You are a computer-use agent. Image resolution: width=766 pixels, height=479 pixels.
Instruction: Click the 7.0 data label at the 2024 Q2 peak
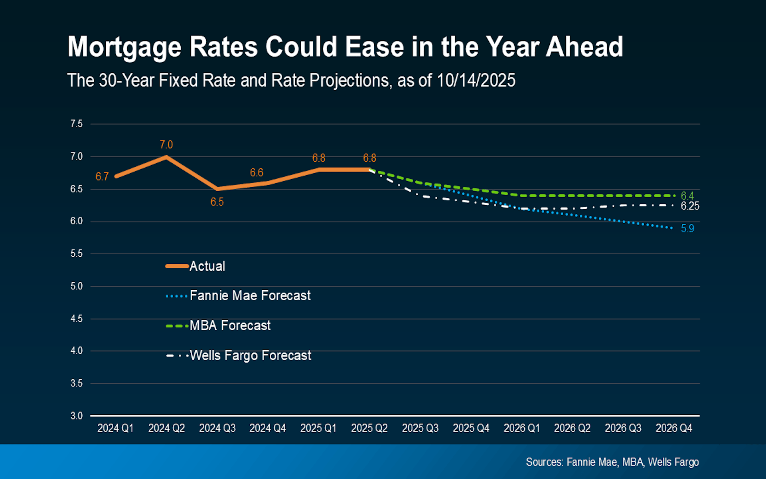pyautogui.click(x=166, y=144)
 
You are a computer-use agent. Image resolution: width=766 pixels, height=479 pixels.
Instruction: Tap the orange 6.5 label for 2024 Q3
pyautogui.click(x=217, y=202)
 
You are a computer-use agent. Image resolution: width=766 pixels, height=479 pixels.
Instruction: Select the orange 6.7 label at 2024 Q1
pyautogui.click(x=102, y=176)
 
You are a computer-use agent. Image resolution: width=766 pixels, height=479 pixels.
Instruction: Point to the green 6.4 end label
pyautogui.click(x=687, y=196)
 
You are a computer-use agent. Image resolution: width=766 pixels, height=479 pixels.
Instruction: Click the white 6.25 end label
pyautogui.click(x=690, y=206)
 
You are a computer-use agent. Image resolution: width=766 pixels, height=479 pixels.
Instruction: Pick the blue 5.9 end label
pyautogui.click(x=687, y=228)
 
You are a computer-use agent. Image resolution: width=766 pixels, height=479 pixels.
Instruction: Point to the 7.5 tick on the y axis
pyautogui.click(x=77, y=124)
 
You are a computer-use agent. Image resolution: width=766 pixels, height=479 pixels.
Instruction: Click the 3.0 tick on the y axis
pyautogui.click(x=77, y=416)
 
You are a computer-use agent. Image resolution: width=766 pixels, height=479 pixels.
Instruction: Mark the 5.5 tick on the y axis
pyautogui.click(x=77, y=253)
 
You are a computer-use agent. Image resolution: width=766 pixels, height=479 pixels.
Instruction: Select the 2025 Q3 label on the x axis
pyautogui.click(x=420, y=428)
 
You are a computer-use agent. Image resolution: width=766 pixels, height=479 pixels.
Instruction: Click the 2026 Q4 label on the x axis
pyautogui.click(x=674, y=428)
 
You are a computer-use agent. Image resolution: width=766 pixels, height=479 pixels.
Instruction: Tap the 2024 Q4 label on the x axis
pyautogui.click(x=268, y=428)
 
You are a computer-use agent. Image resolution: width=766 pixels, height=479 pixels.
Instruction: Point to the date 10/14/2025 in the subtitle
pyautogui.click(x=476, y=80)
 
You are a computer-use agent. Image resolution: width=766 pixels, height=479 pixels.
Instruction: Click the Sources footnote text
pyautogui.click(x=612, y=462)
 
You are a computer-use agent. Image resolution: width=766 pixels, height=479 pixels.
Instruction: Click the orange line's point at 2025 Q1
pyautogui.click(x=319, y=170)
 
